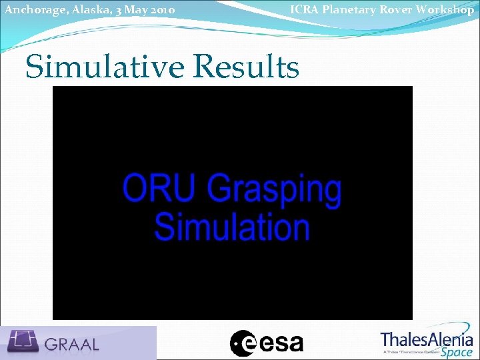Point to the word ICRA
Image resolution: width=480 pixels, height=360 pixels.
tap(304, 9)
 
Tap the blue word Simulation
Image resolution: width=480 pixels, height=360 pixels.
tap(232, 227)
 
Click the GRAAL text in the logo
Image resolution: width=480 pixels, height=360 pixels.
tap(72, 344)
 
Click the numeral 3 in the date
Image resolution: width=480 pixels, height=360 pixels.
tap(116, 11)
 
